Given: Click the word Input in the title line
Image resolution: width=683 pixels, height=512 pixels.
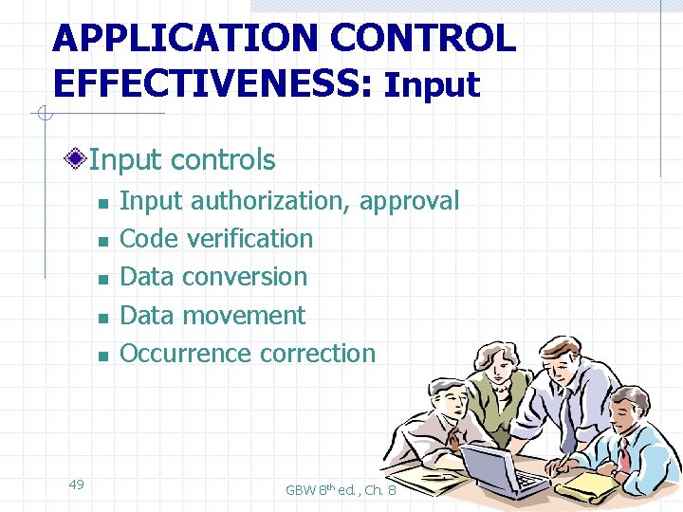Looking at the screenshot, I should tap(432, 85).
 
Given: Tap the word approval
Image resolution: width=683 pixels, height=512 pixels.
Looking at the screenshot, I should tap(410, 201).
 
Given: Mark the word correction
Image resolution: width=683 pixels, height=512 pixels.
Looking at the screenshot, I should tap(318, 353).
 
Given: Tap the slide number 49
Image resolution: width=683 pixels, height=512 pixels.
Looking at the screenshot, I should tap(77, 485).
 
